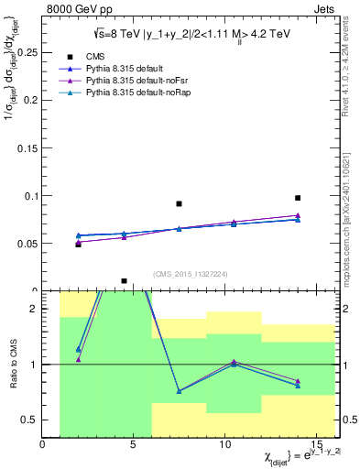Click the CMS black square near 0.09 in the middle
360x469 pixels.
(x=179, y=203)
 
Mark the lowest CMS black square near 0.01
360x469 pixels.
(x=124, y=281)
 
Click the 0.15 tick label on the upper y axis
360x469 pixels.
(x=27, y=147)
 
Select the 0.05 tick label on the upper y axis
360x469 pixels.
(x=27, y=244)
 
